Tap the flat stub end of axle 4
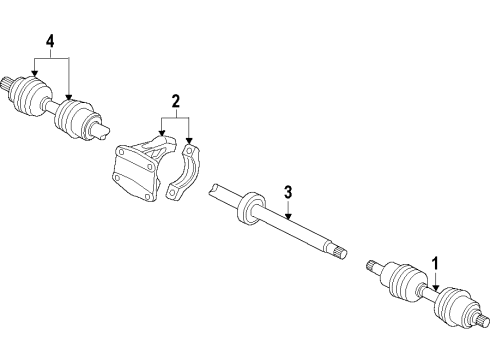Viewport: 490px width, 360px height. [x=101, y=128]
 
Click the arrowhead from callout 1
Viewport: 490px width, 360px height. [x=434, y=293]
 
